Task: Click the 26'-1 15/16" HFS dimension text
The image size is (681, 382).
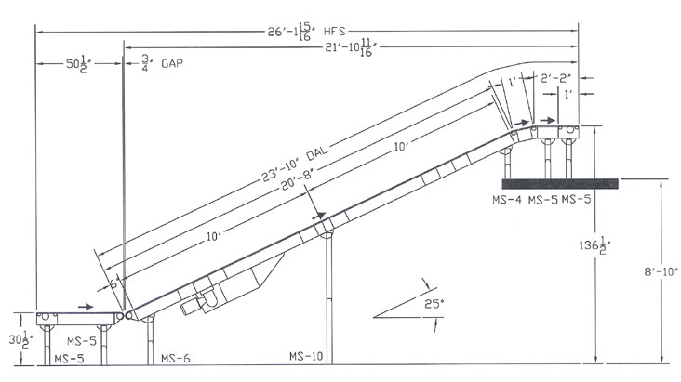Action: tap(307, 33)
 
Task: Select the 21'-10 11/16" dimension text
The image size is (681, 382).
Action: tap(350, 47)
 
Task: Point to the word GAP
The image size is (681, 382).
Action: tap(172, 63)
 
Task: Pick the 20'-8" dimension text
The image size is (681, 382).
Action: tap(297, 180)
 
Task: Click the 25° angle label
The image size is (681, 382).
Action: tap(434, 303)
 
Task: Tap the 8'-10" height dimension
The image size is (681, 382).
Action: tap(661, 271)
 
